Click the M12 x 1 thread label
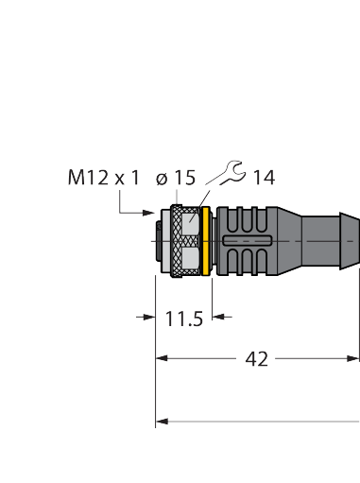click(104, 178)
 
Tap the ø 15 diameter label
click(176, 178)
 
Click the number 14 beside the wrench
click(264, 178)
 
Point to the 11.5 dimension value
click(184, 319)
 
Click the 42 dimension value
click(256, 359)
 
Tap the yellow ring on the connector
click(206, 241)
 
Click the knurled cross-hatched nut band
click(177, 241)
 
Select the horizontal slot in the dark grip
click(247, 240)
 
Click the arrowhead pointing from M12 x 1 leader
click(148, 213)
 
